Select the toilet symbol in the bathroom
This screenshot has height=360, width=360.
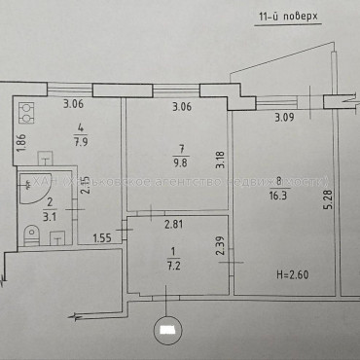pos(32,233)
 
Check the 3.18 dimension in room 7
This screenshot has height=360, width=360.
pos(220,159)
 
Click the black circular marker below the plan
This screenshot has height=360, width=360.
pos(168,329)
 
